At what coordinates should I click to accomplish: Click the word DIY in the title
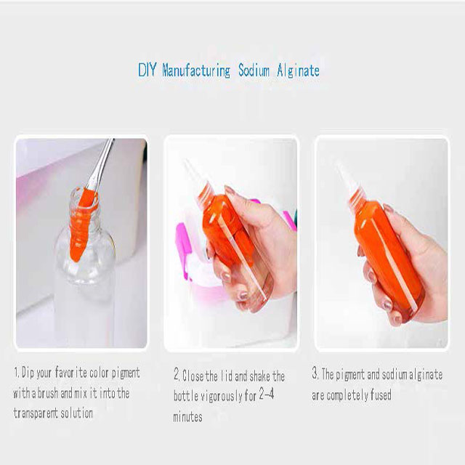click(147, 70)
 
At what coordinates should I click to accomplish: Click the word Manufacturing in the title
click(196, 71)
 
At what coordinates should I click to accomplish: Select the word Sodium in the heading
click(254, 70)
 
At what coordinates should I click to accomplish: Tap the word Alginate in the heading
click(298, 71)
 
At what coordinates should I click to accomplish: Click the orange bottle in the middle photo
click(234, 240)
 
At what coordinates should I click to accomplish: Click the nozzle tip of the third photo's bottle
click(339, 166)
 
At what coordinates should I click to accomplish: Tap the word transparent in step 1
click(31, 413)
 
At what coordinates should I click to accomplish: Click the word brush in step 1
click(48, 393)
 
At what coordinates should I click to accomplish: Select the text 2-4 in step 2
click(267, 394)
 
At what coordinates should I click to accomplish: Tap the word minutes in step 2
click(187, 416)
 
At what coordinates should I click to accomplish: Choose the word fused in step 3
click(381, 395)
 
